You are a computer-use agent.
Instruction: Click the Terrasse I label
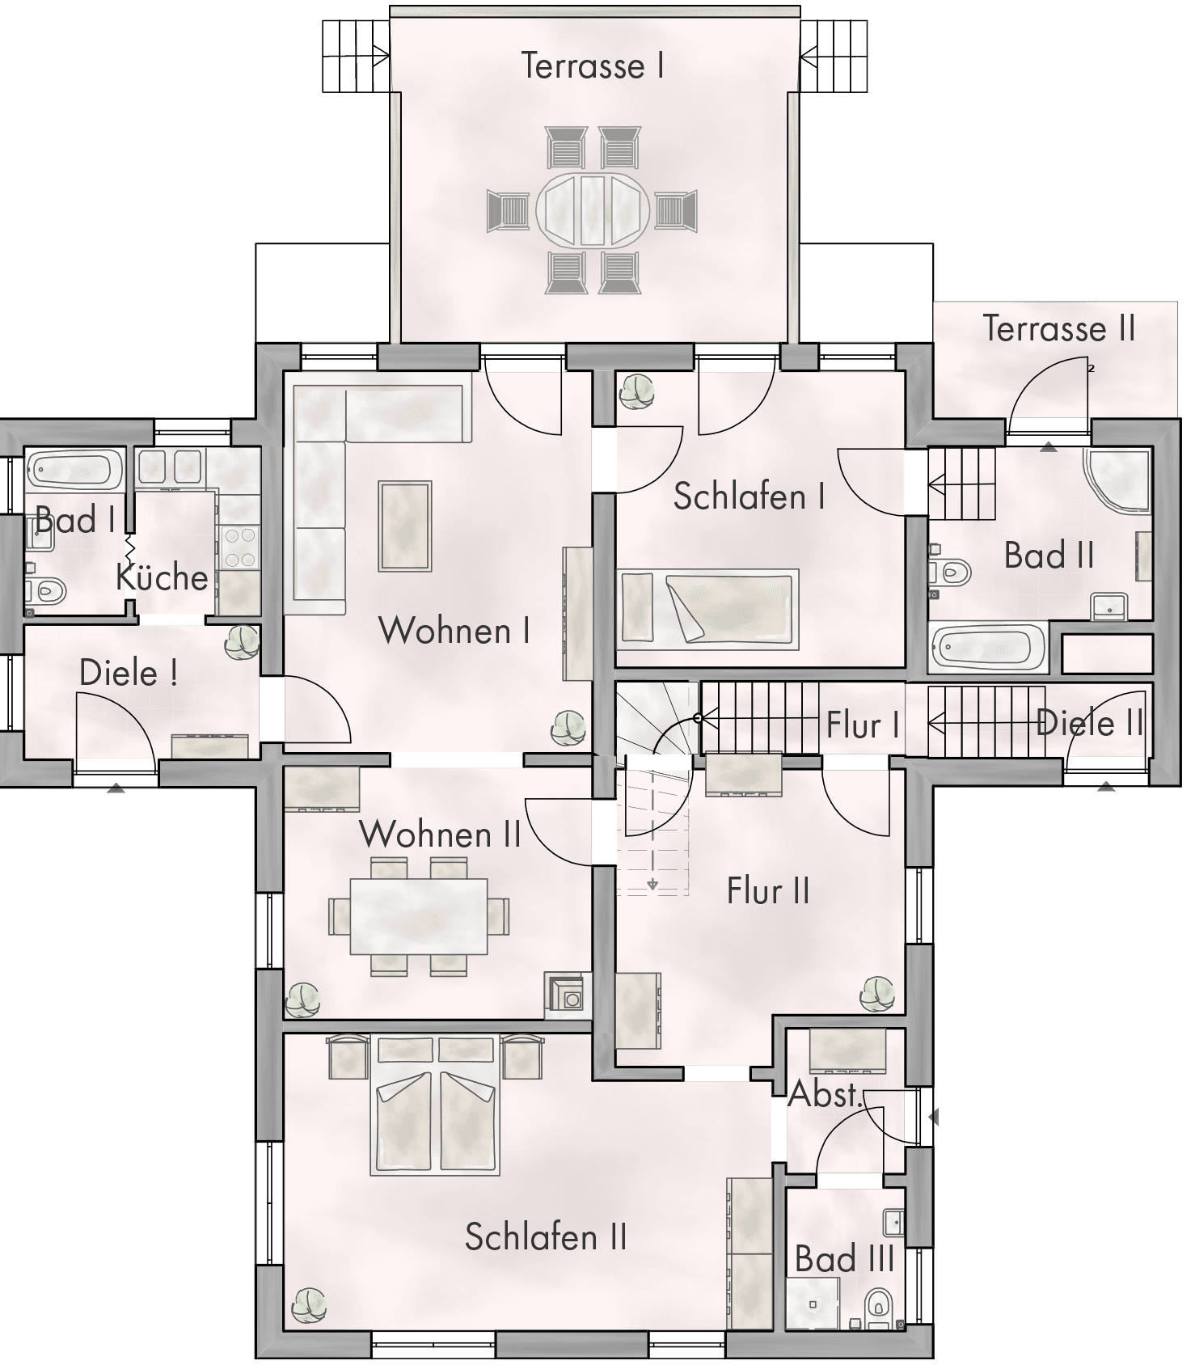pos(593,66)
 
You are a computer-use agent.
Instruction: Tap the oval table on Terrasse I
pos(593,210)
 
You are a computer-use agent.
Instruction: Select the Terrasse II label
pos(1059,328)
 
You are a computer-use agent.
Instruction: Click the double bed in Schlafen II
pos(435,1122)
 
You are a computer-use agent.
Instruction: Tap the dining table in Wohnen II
pos(419,916)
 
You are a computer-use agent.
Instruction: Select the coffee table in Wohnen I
pos(405,526)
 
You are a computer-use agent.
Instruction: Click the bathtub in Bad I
pos(74,470)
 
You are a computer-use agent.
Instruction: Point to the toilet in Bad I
pos(47,591)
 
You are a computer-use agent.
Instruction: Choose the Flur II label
pos(767,891)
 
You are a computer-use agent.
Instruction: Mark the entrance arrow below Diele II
pos(1105,785)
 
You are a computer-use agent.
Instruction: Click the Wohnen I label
pos(454,631)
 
